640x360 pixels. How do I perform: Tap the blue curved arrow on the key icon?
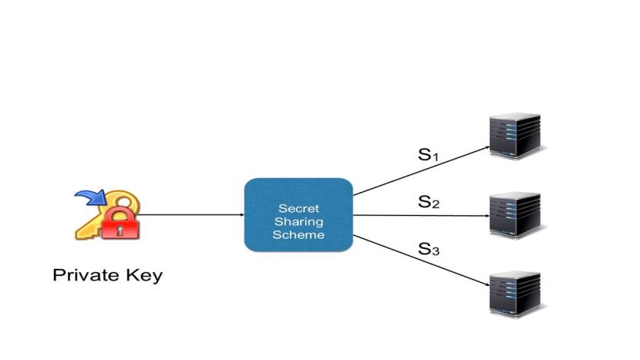click(89, 200)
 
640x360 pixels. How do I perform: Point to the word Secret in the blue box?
click(298, 208)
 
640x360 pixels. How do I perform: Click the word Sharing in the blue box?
click(298, 221)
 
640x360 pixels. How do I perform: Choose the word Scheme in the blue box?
click(298, 234)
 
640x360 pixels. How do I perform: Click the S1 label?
click(428, 155)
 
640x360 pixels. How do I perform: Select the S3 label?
click(429, 249)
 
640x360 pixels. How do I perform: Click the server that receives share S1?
click(516, 136)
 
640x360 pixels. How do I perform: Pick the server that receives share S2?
click(516, 215)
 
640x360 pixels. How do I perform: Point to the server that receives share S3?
click(516, 292)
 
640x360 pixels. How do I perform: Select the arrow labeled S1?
click(420, 170)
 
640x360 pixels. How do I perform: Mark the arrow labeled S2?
click(420, 216)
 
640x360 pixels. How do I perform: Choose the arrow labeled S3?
click(420, 261)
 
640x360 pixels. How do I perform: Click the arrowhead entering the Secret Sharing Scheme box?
click(241, 215)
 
